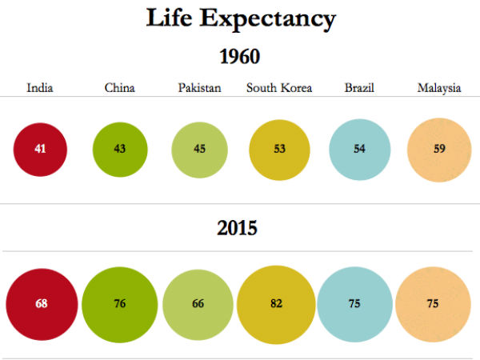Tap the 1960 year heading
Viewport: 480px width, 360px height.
tap(240, 58)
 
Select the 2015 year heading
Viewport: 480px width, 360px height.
tap(238, 228)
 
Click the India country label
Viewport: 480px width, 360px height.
tap(40, 88)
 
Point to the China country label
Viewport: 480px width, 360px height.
tap(119, 88)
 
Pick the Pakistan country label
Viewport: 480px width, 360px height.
tap(199, 88)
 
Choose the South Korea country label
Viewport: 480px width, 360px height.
tap(279, 88)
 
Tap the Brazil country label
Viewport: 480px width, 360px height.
tap(359, 88)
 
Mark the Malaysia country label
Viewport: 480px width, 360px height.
tap(439, 88)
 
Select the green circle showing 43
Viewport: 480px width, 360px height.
tap(120, 150)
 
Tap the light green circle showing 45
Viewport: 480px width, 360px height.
tap(199, 150)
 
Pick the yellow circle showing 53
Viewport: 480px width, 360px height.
tap(279, 150)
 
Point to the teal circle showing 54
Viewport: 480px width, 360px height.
tap(359, 150)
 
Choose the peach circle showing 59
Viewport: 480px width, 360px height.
tap(438, 150)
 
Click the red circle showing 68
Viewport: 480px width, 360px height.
tap(42, 304)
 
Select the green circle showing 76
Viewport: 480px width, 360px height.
tap(119, 304)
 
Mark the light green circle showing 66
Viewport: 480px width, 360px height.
tap(198, 304)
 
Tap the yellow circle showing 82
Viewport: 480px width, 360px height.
tap(277, 304)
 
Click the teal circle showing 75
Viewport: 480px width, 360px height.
tap(354, 304)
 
